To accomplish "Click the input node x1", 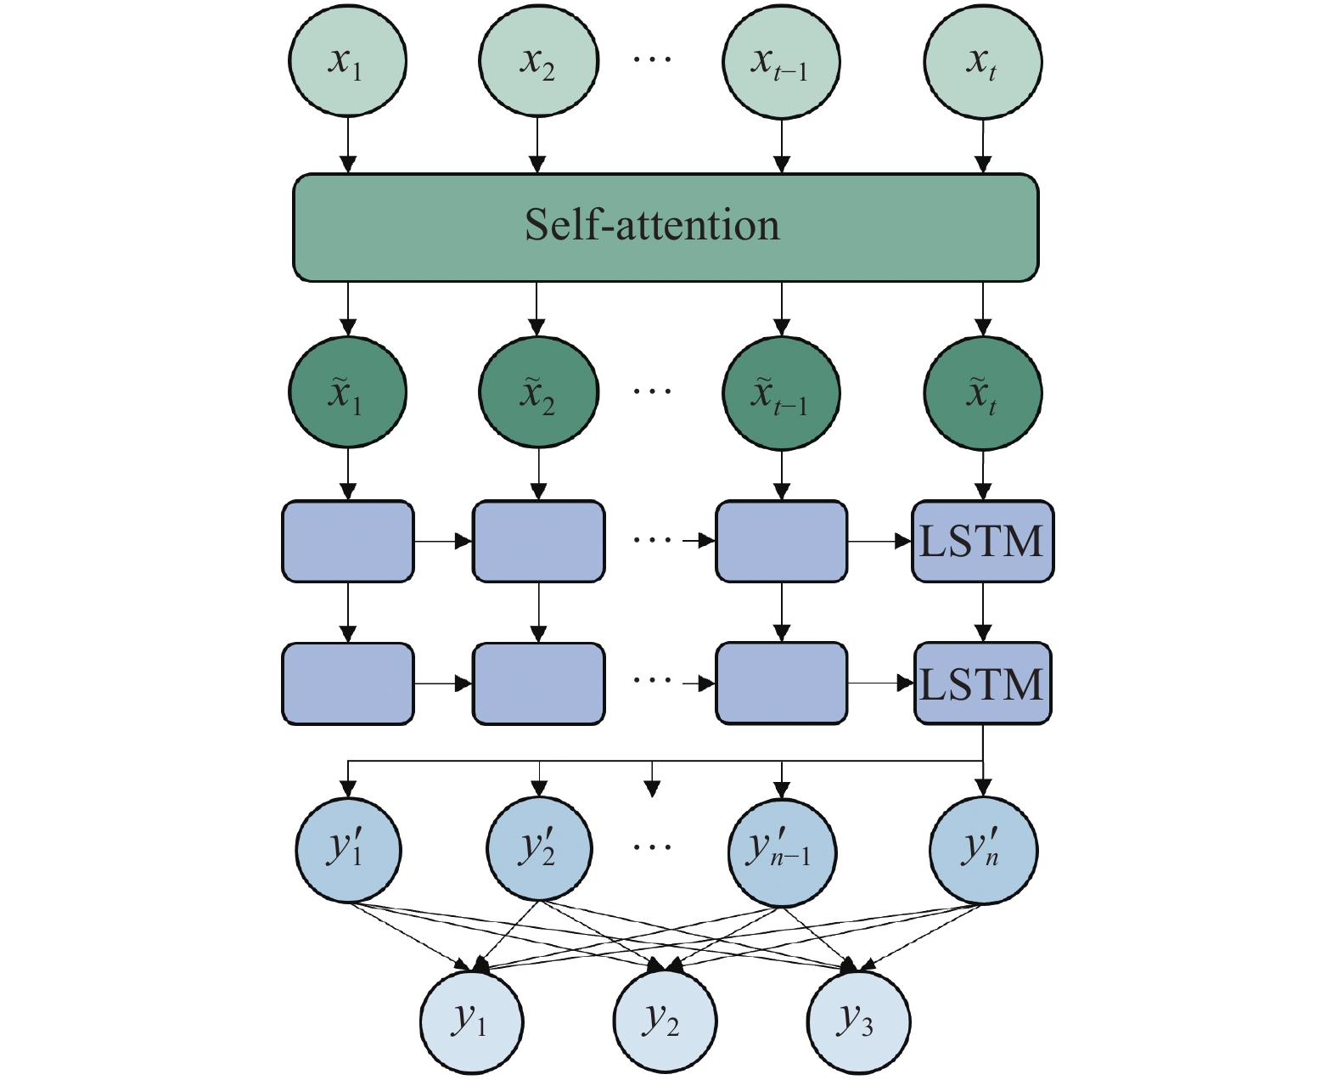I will pyautogui.click(x=347, y=62).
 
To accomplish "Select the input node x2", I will pyautogui.click(x=538, y=62).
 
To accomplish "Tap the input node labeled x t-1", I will pyautogui.click(x=781, y=62).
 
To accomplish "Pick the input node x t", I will pyautogui.click(x=982, y=62).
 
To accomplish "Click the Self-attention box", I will pyautogui.click(x=666, y=228).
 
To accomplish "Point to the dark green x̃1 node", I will pyautogui.click(x=347, y=392).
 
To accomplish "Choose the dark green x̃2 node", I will pyautogui.click(x=538, y=392).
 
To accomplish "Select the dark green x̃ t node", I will pyautogui.click(x=982, y=392).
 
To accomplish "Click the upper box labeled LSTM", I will pyautogui.click(x=982, y=542).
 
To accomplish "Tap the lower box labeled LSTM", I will pyautogui.click(x=982, y=683).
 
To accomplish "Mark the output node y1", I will pyautogui.click(x=471, y=1021).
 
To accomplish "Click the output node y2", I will pyautogui.click(x=665, y=1021).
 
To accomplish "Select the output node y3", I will pyautogui.click(x=857, y=1021).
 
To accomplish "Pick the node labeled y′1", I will pyautogui.click(x=348, y=849).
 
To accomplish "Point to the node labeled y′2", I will pyautogui.click(x=539, y=849).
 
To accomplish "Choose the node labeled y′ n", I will pyautogui.click(x=983, y=849).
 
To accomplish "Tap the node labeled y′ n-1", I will pyautogui.click(x=782, y=849).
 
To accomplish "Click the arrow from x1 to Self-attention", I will pyautogui.click(x=347, y=144).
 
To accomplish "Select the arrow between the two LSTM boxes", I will pyautogui.click(x=982, y=612).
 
